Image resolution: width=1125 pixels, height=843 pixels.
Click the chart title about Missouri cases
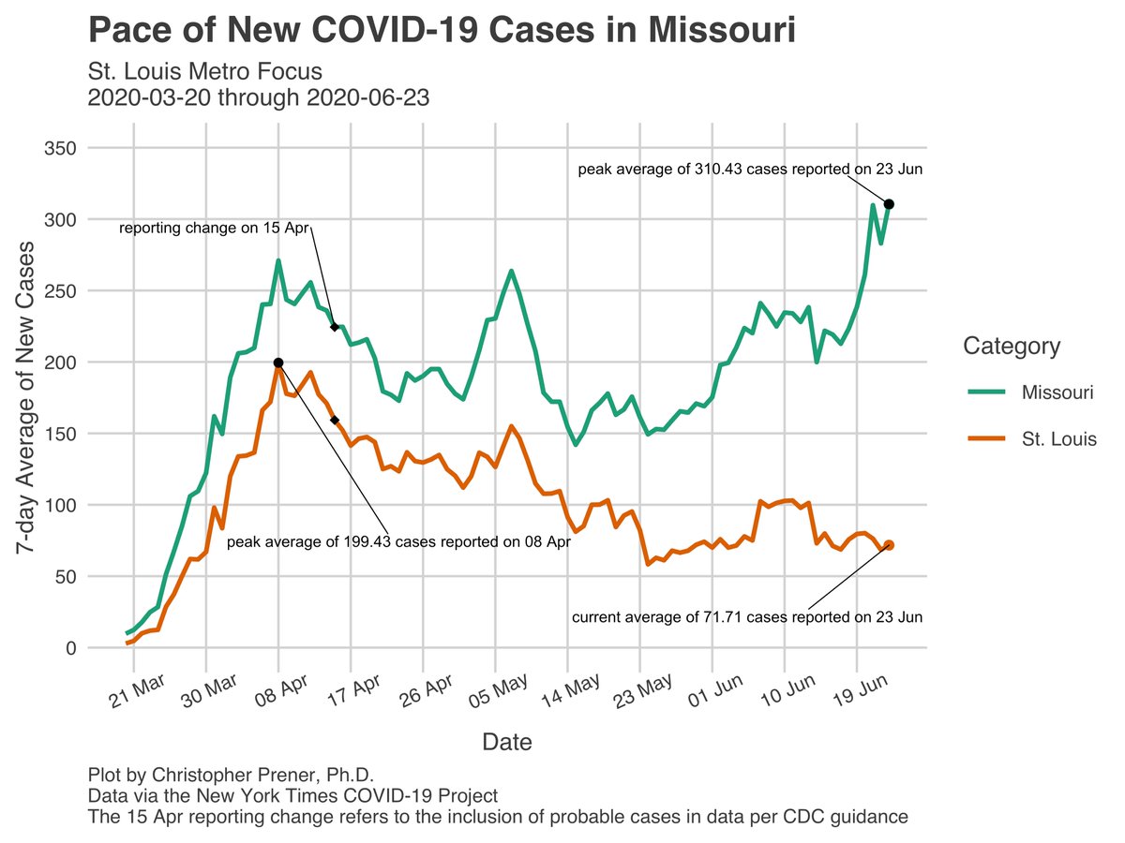click(x=442, y=30)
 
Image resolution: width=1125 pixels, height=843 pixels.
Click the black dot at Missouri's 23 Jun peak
click(x=889, y=203)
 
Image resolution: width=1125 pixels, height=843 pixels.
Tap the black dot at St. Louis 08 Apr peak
click(x=278, y=362)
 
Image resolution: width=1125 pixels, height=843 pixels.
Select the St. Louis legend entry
click(x=1059, y=439)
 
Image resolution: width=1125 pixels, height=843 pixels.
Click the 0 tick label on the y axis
click(x=70, y=648)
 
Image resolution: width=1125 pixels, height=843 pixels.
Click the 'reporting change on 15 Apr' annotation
click(x=214, y=228)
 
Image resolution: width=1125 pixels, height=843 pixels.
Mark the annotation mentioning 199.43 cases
click(x=398, y=541)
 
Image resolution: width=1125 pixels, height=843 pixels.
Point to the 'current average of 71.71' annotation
click(x=747, y=617)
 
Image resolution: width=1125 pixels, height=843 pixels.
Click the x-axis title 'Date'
click(x=507, y=743)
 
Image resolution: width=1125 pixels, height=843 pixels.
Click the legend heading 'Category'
click(x=1012, y=347)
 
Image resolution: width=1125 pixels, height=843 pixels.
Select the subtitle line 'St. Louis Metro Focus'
click(x=204, y=71)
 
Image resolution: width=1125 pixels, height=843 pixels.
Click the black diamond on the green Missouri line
click(x=335, y=327)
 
